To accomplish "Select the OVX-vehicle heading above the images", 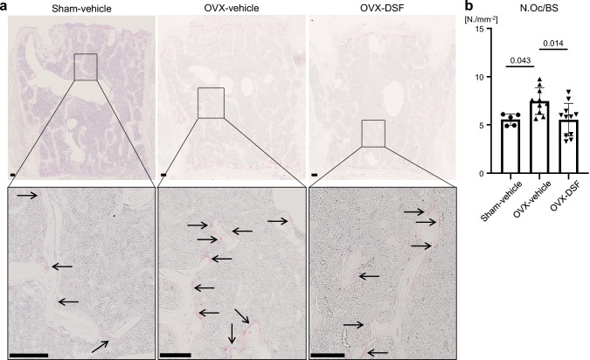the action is (229, 8).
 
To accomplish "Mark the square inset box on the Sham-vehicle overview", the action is (85, 66).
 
